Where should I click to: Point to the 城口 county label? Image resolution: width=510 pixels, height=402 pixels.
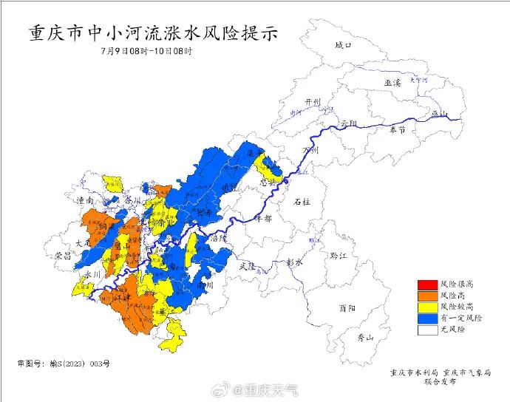pos(344,45)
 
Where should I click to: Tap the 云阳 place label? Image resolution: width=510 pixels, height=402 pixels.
pos(349,122)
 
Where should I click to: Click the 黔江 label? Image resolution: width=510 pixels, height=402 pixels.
pos(339,255)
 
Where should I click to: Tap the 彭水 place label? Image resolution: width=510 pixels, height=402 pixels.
pos(296,262)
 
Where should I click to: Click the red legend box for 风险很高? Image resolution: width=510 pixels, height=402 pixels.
pos(426,285)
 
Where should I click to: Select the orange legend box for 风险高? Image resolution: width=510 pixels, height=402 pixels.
pos(426,296)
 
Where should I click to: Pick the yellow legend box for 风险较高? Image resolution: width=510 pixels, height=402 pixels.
pos(426,307)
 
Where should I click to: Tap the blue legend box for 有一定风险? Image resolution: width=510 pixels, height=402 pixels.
pos(426,318)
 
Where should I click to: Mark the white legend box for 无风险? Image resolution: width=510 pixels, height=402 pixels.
pos(426,329)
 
